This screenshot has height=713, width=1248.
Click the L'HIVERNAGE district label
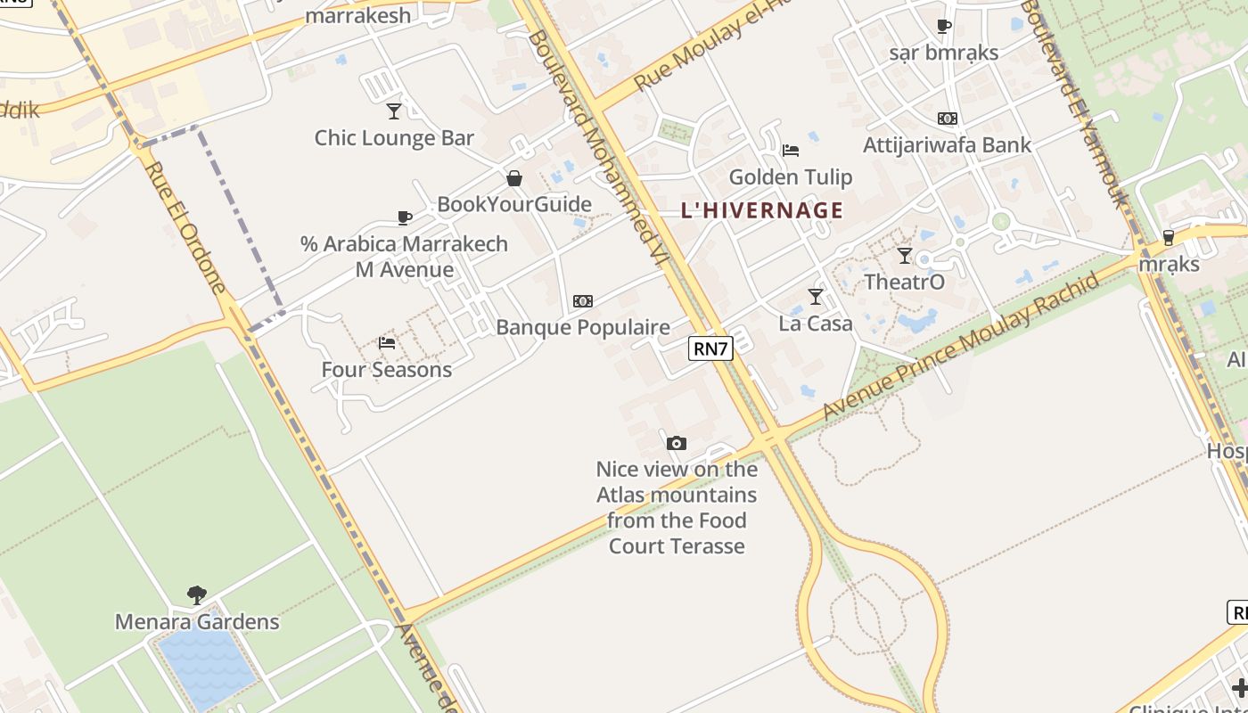click(761, 210)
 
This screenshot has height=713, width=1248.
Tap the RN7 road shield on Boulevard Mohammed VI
click(710, 348)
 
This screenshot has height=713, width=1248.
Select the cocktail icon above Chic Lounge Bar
click(394, 111)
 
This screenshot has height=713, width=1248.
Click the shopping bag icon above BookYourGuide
click(514, 178)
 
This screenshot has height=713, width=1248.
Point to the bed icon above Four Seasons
click(387, 342)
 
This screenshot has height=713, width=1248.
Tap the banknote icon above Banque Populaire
click(583, 301)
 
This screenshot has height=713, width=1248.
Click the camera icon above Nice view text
click(677, 443)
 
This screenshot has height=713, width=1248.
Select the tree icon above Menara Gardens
click(197, 594)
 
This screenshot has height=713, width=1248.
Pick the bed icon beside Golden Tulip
click(790, 151)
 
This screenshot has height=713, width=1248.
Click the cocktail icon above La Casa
click(816, 297)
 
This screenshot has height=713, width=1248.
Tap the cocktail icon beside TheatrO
click(905, 256)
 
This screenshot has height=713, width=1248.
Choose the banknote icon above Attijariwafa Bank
click(947, 118)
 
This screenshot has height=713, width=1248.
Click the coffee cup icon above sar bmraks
click(944, 27)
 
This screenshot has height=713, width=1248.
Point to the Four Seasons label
click(387, 369)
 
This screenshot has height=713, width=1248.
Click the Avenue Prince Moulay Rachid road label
click(962, 348)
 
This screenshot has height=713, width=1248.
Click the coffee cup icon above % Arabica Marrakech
click(405, 217)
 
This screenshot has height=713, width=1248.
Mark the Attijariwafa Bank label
click(947, 144)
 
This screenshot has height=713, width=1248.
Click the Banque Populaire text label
click(583, 327)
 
